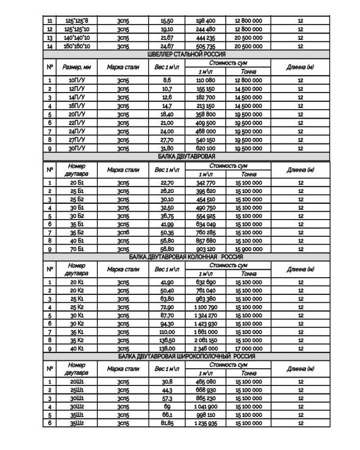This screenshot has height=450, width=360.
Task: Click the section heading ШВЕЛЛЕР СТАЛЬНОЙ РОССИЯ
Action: (x=186, y=54)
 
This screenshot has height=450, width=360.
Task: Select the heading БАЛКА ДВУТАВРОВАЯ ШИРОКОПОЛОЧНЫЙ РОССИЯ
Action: (x=186, y=356)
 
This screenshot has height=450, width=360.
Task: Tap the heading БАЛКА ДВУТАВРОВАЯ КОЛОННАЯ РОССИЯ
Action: (x=186, y=257)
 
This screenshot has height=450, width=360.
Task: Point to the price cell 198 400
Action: (x=205, y=21)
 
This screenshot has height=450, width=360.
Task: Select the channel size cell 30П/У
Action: (x=76, y=148)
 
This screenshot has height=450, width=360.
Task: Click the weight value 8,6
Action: (x=167, y=80)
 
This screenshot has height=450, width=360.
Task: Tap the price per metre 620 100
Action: (x=205, y=148)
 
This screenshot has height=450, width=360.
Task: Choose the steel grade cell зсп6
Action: (x=123, y=232)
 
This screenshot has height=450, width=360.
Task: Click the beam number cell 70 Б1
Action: (x=77, y=249)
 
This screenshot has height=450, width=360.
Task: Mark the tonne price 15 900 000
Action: (x=248, y=249)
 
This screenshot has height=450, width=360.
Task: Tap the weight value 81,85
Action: (x=167, y=423)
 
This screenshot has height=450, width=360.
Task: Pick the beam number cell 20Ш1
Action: (x=77, y=382)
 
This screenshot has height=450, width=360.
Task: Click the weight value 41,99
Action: (x=167, y=224)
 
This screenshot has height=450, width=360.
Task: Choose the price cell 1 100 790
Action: (x=205, y=307)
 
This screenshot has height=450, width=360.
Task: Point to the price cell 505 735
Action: (x=205, y=46)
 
